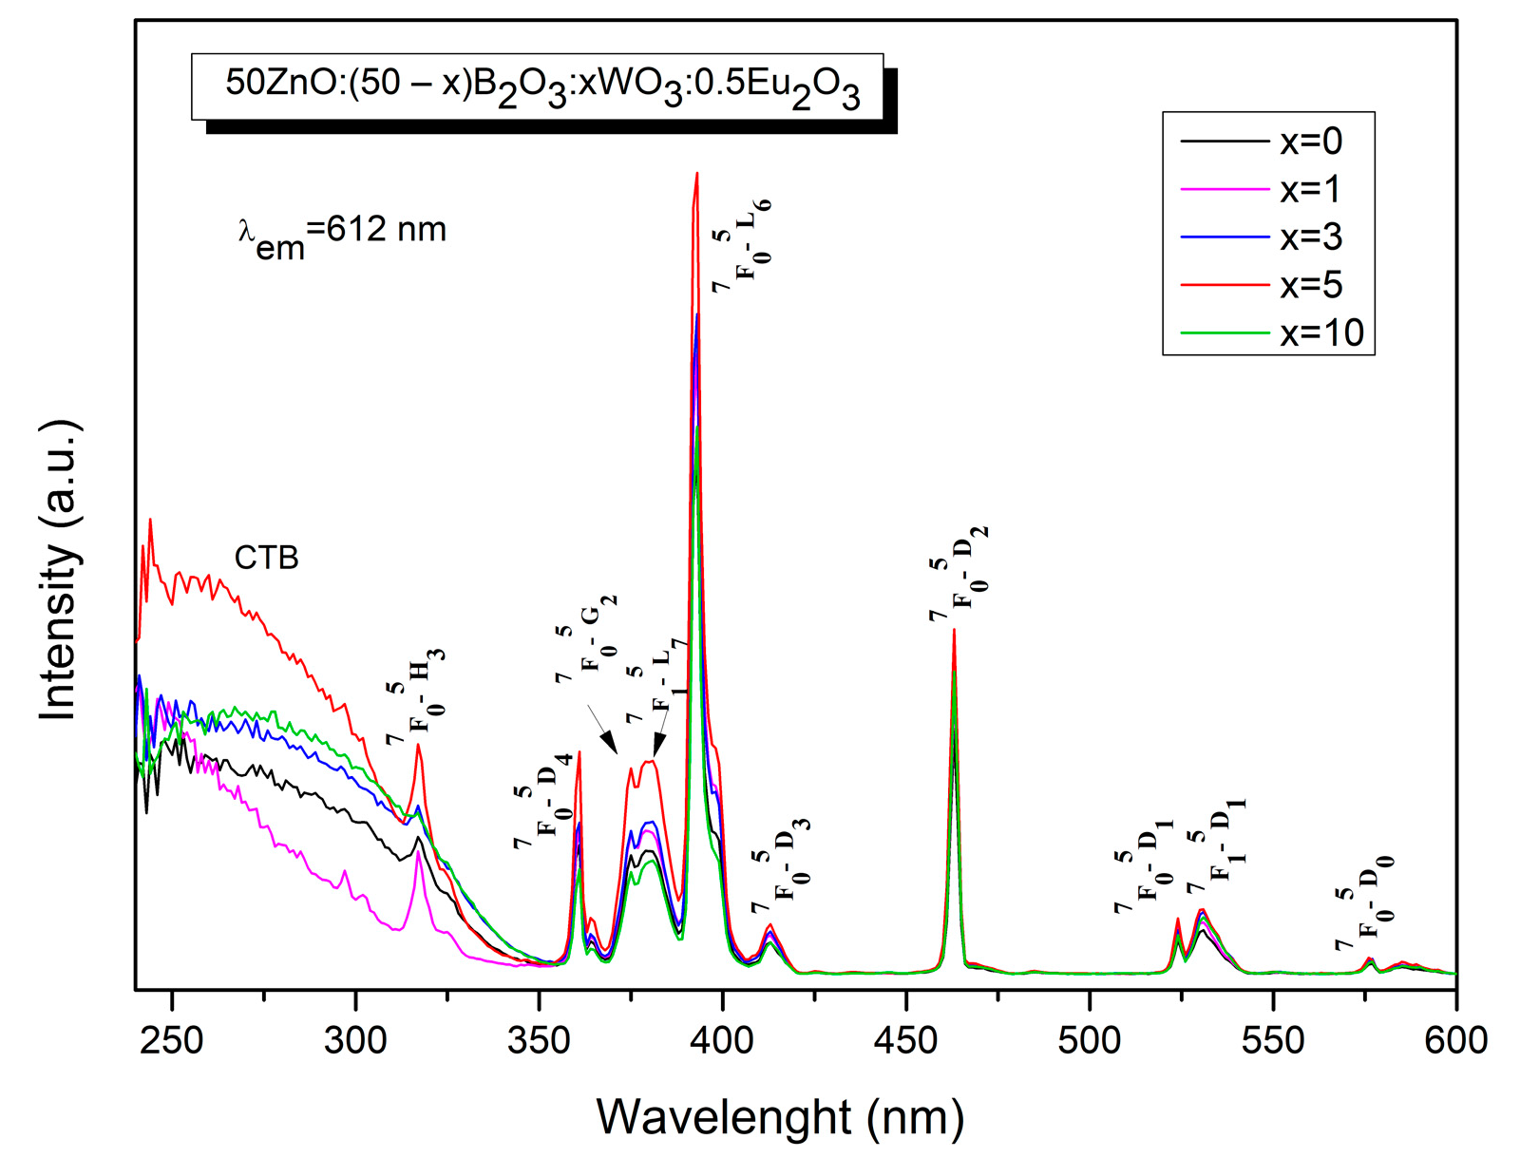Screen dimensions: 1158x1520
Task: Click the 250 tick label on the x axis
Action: [171, 1039]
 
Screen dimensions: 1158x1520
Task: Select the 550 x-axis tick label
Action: [1273, 1039]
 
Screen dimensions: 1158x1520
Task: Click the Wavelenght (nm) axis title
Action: [780, 1117]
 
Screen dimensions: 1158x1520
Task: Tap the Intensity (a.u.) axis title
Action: [59, 570]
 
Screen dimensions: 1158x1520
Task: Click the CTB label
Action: [267, 558]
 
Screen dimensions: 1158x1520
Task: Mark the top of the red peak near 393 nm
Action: [697, 174]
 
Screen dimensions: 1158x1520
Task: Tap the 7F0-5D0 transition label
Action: [1364, 903]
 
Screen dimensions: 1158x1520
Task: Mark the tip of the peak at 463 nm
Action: [954, 630]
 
